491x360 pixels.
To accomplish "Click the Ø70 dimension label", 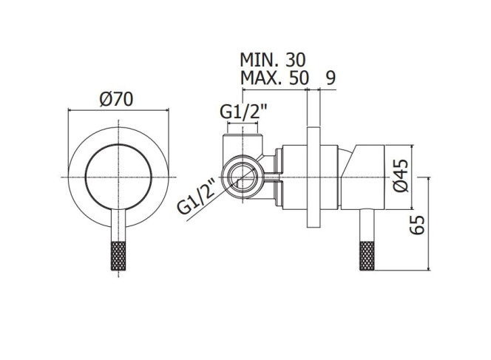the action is [x=116, y=99].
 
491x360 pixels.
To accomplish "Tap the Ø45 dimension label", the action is [x=401, y=176].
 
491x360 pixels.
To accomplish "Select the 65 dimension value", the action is [x=417, y=225].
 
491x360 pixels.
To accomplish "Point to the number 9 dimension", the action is [x=331, y=78].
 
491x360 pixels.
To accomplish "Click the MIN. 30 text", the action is [x=272, y=60].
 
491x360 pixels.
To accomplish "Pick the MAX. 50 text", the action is [x=274, y=78].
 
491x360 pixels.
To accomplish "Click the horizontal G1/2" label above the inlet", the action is [x=243, y=111].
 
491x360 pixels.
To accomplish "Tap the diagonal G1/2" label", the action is [x=197, y=197].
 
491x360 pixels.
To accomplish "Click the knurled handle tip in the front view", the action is [x=118, y=256].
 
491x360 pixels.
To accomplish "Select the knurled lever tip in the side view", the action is [x=367, y=256].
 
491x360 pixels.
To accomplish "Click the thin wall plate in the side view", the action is [x=314, y=177].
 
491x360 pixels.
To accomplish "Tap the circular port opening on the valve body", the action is [x=243, y=177].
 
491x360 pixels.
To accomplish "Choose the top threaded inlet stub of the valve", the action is [x=243, y=143].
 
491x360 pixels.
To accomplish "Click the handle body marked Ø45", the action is [x=363, y=177].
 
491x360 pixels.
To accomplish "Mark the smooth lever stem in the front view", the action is [x=118, y=225].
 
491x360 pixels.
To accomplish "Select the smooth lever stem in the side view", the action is [x=367, y=225].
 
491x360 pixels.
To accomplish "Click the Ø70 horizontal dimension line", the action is [x=118, y=110].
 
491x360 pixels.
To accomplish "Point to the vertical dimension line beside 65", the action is [x=428, y=223].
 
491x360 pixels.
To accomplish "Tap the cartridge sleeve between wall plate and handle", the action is [x=329, y=177].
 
